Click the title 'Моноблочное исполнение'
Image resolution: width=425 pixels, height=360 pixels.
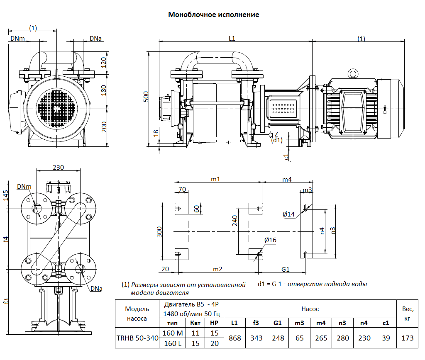pyautogui.click(x=213, y=15)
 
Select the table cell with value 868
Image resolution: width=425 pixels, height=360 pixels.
pyautogui.click(x=235, y=338)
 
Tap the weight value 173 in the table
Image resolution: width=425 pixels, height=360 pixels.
pyautogui.click(x=408, y=338)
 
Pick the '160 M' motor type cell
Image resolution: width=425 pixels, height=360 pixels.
pyautogui.click(x=172, y=333)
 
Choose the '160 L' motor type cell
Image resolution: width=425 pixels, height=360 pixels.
pyautogui.click(x=172, y=343)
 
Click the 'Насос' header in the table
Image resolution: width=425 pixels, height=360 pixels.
pyautogui.click(x=310, y=309)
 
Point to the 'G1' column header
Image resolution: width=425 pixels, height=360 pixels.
pyautogui.click(x=278, y=323)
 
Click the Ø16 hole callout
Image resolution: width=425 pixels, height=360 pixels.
pyautogui.click(x=270, y=240)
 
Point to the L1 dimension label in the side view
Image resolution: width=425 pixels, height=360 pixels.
pyautogui.click(x=232, y=39)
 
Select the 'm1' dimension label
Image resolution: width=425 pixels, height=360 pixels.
pyautogui.click(x=215, y=179)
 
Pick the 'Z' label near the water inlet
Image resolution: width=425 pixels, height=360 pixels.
pyautogui.click(x=276, y=134)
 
